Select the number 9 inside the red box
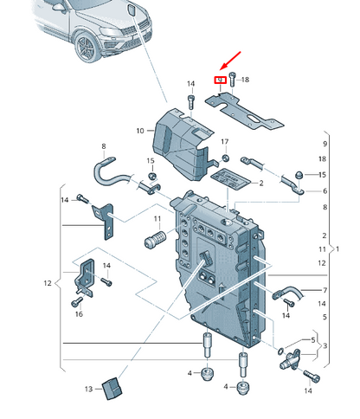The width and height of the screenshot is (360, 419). (x=221, y=81)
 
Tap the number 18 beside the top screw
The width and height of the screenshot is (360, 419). (x=245, y=80)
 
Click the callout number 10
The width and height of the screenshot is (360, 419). (x=140, y=131)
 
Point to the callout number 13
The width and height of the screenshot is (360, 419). (x=88, y=390)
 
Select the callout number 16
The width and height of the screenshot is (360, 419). (x=79, y=314)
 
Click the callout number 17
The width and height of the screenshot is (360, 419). (x=225, y=140)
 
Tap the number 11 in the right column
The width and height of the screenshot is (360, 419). (x=322, y=248)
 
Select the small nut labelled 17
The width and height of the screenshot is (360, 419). (x=224, y=158)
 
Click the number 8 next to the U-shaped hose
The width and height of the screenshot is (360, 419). (x=103, y=146)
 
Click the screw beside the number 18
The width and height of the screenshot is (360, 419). (x=233, y=81)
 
